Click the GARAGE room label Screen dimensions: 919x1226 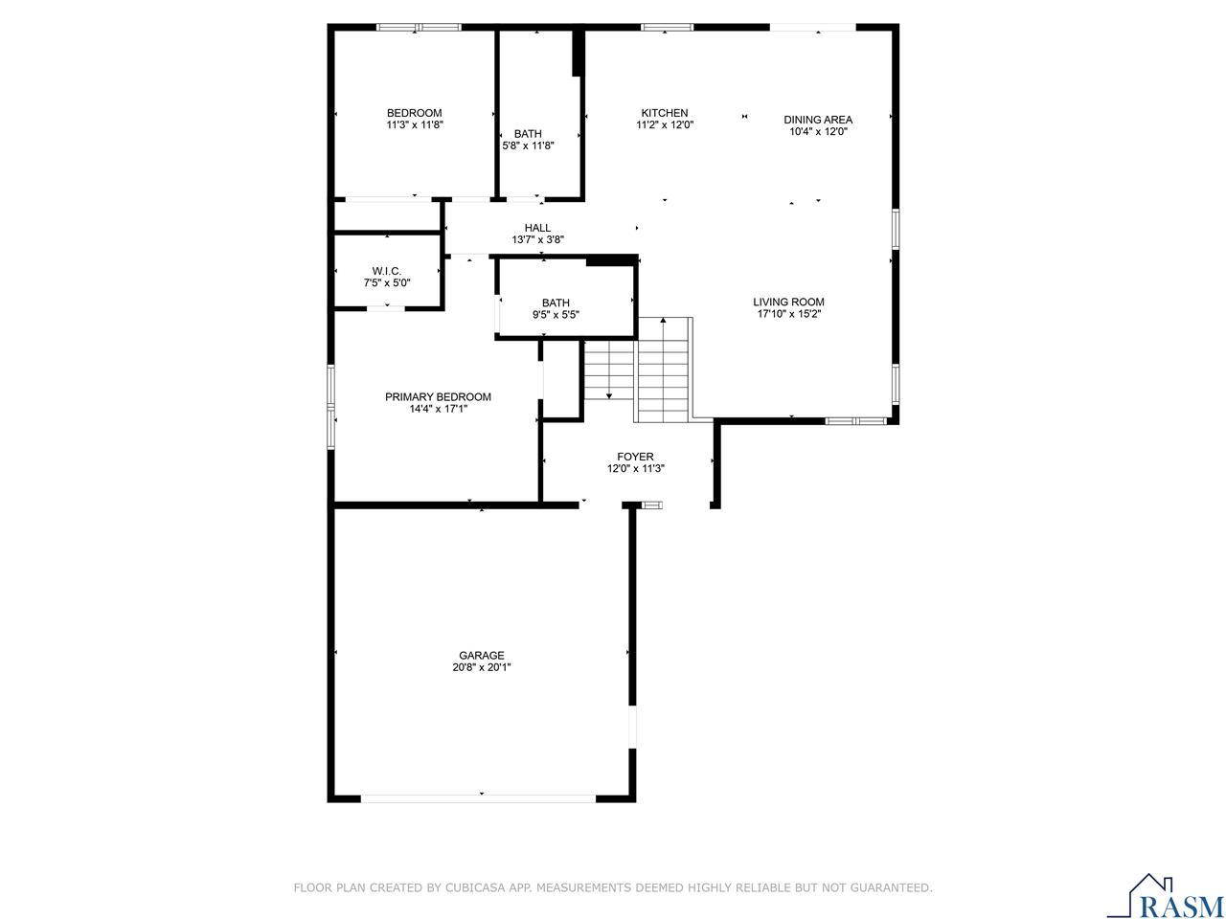pos(481,656)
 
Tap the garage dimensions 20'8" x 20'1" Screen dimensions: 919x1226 pos(481,668)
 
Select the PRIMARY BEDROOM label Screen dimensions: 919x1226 pos(438,397)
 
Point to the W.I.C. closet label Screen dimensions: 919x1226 pos(386,271)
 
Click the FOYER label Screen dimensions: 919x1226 pos(635,457)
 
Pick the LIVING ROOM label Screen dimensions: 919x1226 pos(788,302)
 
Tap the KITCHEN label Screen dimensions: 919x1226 pos(665,113)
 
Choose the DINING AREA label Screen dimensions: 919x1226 pos(818,120)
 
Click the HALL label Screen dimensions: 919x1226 pos(537,228)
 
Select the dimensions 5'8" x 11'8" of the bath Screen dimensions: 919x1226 pos(528,146)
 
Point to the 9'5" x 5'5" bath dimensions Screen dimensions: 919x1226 pos(555,314)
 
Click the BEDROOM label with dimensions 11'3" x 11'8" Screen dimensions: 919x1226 pos(414,113)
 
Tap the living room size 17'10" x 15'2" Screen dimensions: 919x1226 pos(788,314)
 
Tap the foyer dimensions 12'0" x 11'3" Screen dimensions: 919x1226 pos(635,469)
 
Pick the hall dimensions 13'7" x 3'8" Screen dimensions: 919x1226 pos(537,240)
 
